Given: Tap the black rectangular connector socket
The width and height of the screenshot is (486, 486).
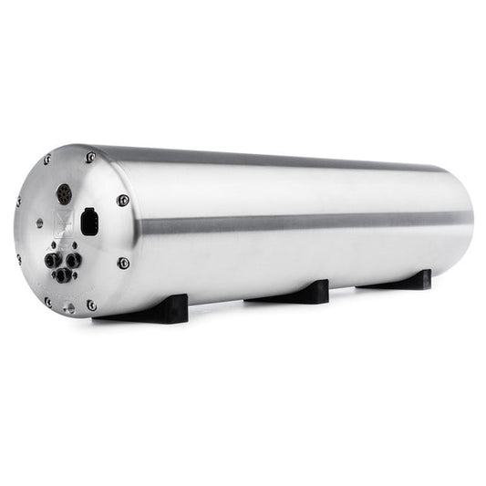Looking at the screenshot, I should point(89,223).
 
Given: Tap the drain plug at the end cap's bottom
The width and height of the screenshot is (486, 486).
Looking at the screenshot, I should point(68,308).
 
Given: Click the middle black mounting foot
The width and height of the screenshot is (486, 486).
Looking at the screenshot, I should point(293,293).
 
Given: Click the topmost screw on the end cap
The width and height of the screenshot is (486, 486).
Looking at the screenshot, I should point(90,158).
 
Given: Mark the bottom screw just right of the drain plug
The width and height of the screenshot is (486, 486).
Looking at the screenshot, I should point(91,305).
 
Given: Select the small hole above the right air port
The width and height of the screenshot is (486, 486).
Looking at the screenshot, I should point(73,243).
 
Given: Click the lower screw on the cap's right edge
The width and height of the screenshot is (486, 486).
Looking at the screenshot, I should point(123,263).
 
